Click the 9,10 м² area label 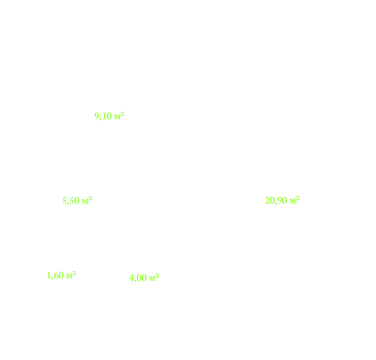(x=109, y=116)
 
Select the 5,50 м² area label (x=77, y=200)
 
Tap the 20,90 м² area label (x=282, y=200)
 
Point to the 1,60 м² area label (x=61, y=276)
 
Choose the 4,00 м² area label (x=144, y=278)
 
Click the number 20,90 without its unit (x=276, y=201)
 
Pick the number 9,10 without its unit (x=103, y=117)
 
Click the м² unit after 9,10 (x=119, y=116)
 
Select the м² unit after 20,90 (x=294, y=200)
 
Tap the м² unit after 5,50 (x=87, y=200)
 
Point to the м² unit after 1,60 (x=71, y=275)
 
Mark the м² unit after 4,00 (x=154, y=278)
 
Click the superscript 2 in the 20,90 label (x=298, y=198)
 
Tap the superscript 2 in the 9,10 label (x=122, y=114)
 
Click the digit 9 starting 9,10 (x=96, y=117)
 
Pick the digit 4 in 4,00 (x=131, y=278)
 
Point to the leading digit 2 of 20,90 (x=267, y=201)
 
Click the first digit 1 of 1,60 (x=48, y=276)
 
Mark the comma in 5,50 (x=68, y=204)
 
